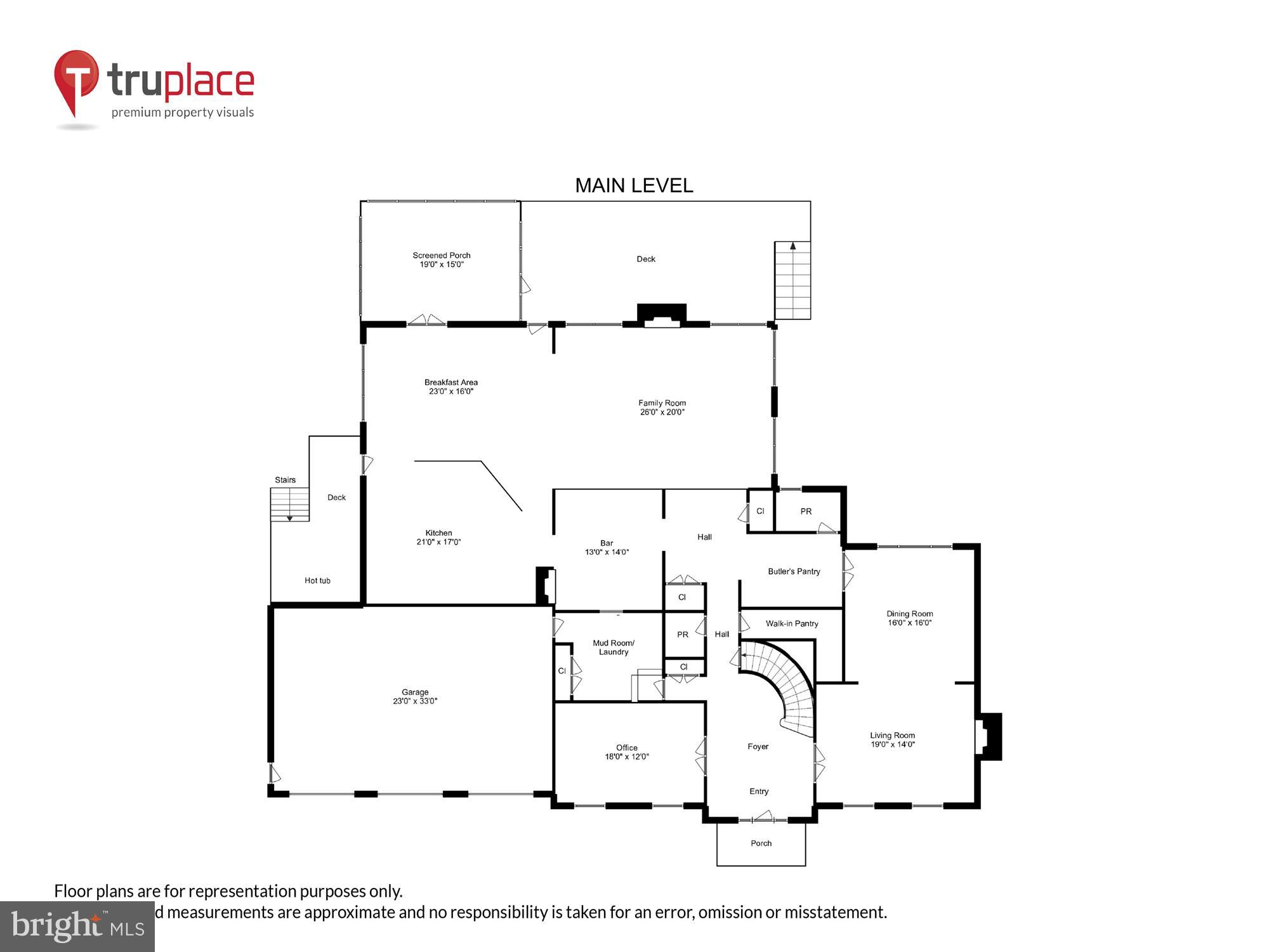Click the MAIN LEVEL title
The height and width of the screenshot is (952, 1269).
tap(633, 185)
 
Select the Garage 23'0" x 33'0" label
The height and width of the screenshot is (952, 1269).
tap(415, 696)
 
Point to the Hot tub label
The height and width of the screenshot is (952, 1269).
tap(317, 580)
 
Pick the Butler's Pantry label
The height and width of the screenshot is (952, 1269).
tap(794, 571)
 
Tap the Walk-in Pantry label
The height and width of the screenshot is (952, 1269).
tap(791, 623)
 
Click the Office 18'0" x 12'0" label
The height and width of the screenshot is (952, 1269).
tap(626, 751)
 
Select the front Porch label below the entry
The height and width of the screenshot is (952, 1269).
tap(761, 843)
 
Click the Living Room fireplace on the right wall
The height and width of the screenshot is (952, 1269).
tap(989, 736)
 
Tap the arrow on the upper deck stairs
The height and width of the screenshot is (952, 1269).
tap(792, 246)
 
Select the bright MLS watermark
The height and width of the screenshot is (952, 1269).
tap(77, 927)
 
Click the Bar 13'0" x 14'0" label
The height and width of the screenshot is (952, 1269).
tap(607, 547)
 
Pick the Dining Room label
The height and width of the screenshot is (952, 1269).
tap(909, 618)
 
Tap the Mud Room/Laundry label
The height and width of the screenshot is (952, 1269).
tap(613, 647)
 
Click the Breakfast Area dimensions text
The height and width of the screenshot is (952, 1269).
tap(451, 392)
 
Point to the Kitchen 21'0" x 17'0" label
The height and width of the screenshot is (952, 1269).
tap(438, 537)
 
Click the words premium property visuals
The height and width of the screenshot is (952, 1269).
tap(183, 112)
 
